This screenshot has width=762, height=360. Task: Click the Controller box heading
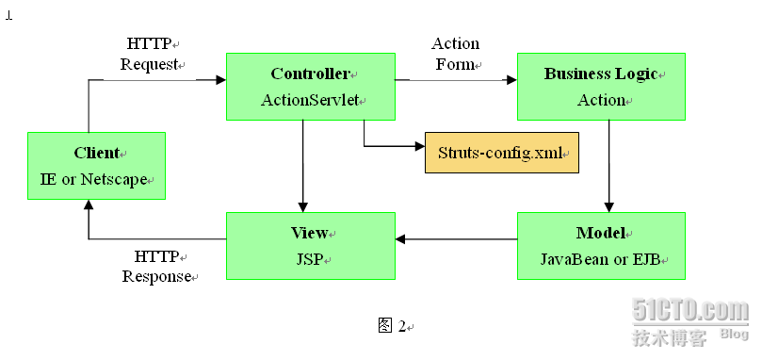click(x=309, y=74)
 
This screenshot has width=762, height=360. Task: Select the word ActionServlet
click(x=309, y=100)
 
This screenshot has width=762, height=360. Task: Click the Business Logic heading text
click(x=599, y=74)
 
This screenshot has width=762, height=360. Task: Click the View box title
click(x=309, y=233)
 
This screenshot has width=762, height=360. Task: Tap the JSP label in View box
click(x=309, y=258)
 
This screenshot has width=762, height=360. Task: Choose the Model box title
click(x=599, y=233)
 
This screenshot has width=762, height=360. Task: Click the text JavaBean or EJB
click(x=599, y=258)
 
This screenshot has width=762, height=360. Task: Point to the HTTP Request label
click(x=149, y=54)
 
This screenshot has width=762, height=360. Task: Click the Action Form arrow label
click(x=455, y=54)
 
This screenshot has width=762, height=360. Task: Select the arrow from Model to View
click(x=456, y=239)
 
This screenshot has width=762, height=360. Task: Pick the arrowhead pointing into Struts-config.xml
click(x=419, y=146)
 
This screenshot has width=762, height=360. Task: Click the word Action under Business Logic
click(x=600, y=100)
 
